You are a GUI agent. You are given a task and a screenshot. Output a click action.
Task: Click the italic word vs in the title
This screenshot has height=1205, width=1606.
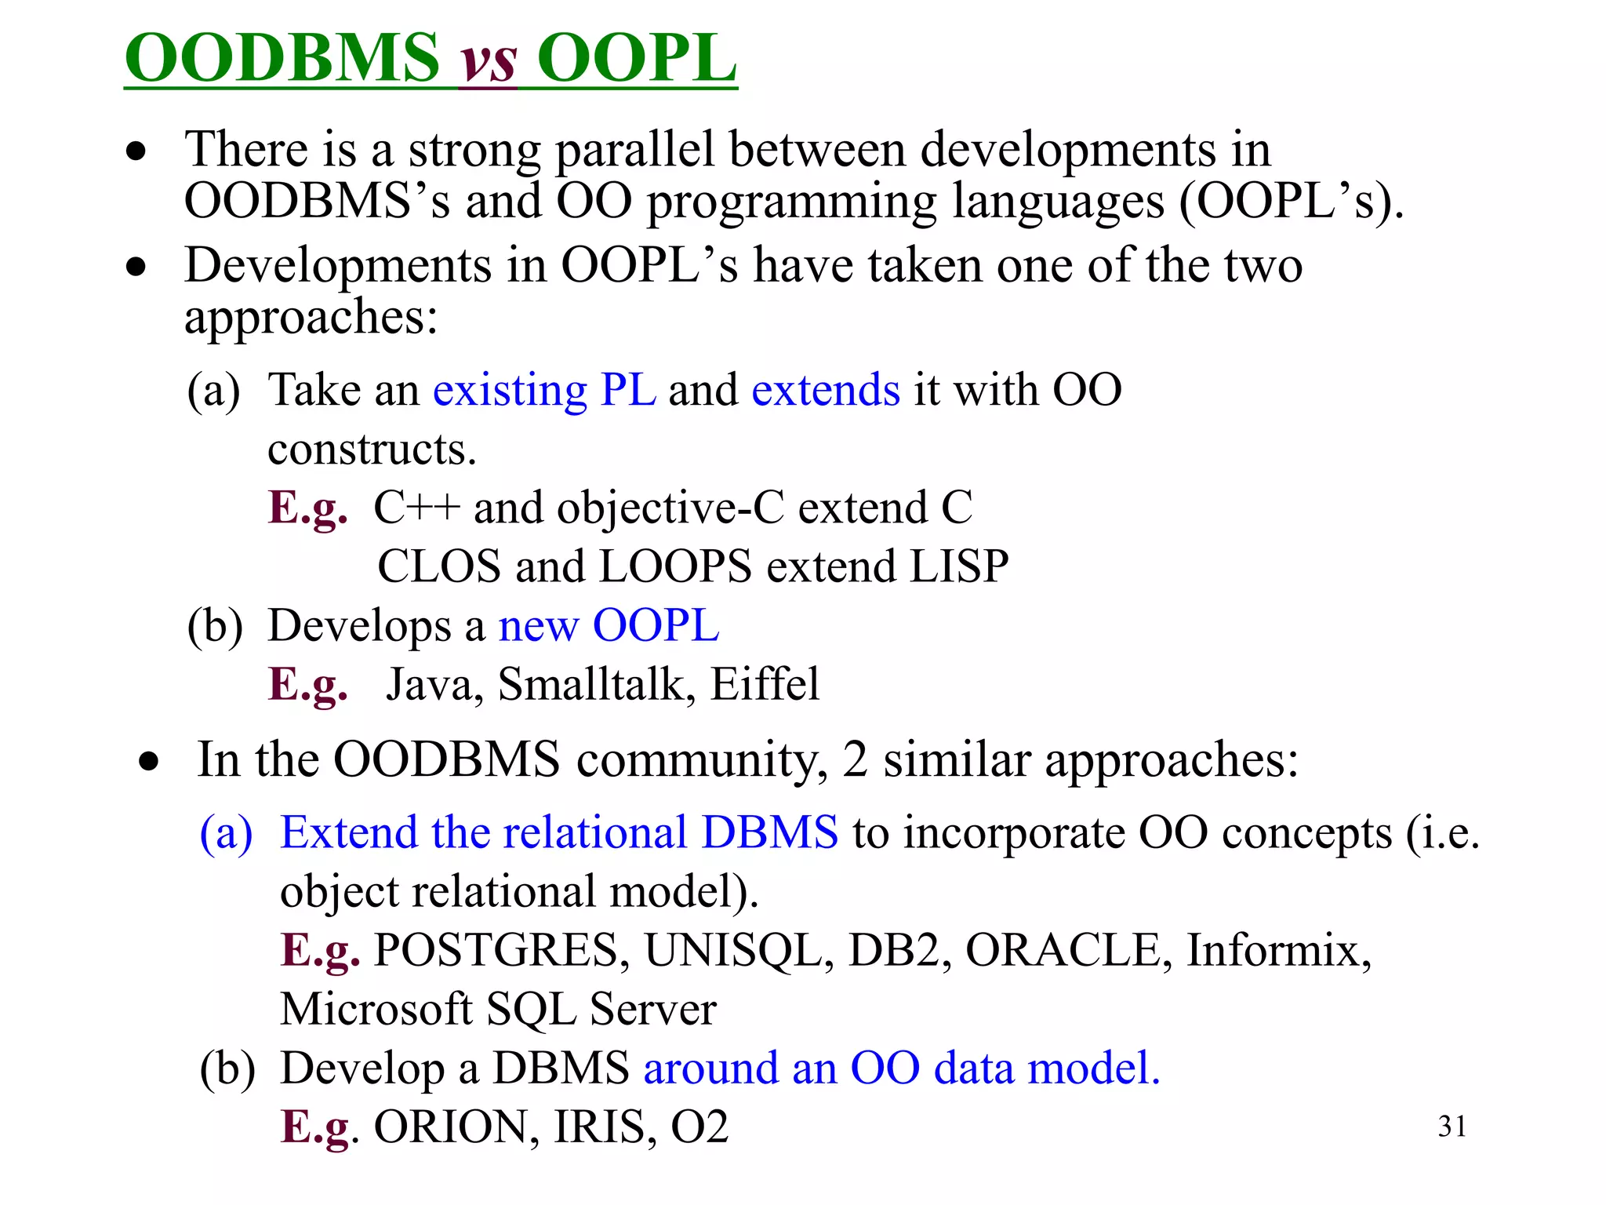(487, 60)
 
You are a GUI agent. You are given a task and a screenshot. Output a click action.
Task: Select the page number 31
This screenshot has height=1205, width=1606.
(1452, 1127)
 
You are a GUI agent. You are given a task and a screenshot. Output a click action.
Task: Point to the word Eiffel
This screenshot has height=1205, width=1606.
(765, 684)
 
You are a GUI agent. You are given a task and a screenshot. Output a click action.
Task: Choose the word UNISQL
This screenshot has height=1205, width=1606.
(738, 950)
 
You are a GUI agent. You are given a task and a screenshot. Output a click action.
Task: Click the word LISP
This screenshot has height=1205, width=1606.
(958, 566)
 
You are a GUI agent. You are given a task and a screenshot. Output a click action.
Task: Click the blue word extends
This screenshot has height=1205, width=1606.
(826, 390)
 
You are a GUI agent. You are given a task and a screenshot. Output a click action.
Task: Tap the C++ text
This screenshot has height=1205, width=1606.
(416, 508)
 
